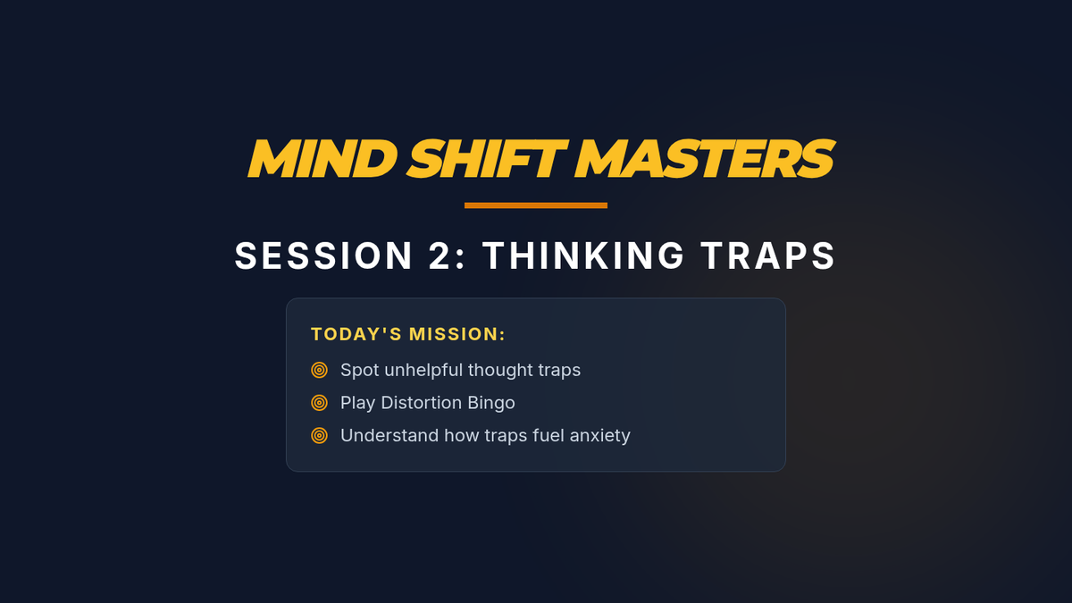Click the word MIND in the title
tap(322, 158)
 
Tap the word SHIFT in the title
tap(487, 158)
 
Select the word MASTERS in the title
tap(705, 158)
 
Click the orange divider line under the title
tap(536, 205)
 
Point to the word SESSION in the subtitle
tap(323, 255)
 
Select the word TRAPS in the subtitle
tap(768, 255)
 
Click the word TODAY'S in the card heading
tap(356, 334)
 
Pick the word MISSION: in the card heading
tap(457, 334)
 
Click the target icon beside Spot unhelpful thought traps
tap(319, 370)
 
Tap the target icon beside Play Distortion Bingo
tap(319, 403)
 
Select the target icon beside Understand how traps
tap(319, 436)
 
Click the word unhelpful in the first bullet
tap(423, 371)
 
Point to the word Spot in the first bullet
tap(359, 371)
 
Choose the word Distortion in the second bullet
tap(421, 403)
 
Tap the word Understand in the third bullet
tap(389, 436)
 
